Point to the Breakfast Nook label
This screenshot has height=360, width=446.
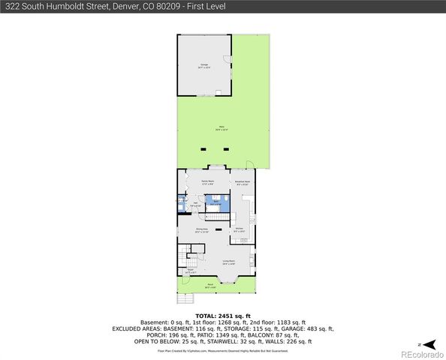[243, 182]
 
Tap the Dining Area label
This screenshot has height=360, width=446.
[201, 229]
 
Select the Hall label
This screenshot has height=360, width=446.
[195, 203]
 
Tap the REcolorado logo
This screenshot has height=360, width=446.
[420, 353]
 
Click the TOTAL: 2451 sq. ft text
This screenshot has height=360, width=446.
[222, 316]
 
